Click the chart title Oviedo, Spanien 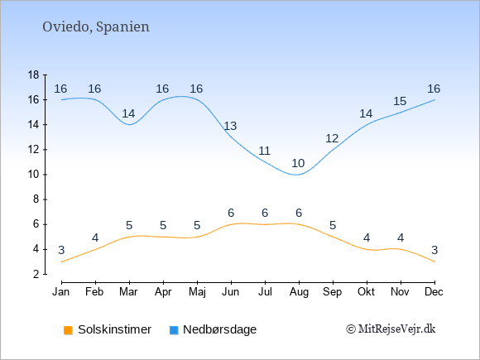tap(96, 26)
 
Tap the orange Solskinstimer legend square tap(68, 330)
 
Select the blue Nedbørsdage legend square tap(174, 330)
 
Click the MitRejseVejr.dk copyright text tap(391, 329)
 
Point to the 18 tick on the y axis tap(34, 74)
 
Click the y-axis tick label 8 tap(36, 199)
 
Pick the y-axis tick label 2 tap(36, 274)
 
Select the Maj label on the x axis tap(197, 292)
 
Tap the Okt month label tap(366, 291)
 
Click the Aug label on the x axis tap(299, 292)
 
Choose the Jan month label tap(61, 291)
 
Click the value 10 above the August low tap(298, 163)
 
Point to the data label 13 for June tap(230, 126)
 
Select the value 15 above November tap(400, 101)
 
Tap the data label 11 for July tap(264, 151)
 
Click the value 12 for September tap(332, 138)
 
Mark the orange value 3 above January tap(61, 250)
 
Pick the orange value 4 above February tap(95, 238)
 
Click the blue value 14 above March tap(128, 113)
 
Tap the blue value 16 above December tap(434, 89)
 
